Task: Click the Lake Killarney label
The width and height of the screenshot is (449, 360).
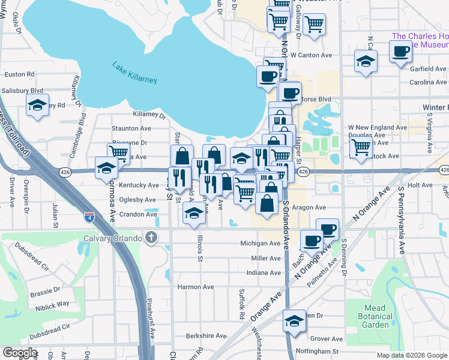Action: coord(134,73)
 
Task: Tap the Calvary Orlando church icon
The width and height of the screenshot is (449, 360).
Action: coord(151,237)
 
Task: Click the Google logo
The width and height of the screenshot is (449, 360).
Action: coord(19,353)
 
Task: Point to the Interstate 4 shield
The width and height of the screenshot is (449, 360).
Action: coord(89,214)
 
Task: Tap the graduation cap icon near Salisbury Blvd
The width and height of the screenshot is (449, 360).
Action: coord(38,106)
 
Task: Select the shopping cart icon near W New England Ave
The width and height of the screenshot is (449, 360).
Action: coord(360,146)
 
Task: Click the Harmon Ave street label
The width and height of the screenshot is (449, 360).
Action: coord(196,287)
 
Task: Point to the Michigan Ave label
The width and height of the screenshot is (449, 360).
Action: coord(261,244)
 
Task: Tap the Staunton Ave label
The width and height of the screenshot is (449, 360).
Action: coord(132,128)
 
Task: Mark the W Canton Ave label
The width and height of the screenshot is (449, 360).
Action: coord(311,55)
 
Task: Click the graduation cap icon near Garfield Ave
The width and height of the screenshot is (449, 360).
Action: coord(366,61)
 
